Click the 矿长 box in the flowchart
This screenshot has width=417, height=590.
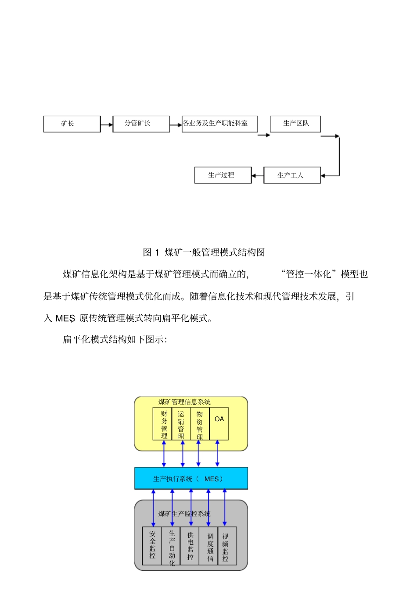coord(72,124)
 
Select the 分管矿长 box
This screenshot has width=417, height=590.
coord(141,124)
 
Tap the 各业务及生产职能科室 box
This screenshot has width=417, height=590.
coord(219,124)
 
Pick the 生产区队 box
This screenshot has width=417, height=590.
coord(295,124)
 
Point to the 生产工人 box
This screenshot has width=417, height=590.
coord(292,175)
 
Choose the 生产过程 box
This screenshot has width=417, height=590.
coord(223,175)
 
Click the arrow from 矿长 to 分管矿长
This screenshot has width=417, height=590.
coord(107,125)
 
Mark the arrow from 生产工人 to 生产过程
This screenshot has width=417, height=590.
coord(257,176)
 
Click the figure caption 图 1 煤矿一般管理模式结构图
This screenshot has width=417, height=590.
coord(204,252)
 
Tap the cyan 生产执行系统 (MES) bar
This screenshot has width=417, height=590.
coord(191,478)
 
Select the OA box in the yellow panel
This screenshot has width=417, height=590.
coord(219,423)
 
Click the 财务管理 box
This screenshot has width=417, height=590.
coord(162,424)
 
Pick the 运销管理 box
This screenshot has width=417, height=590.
coord(181,424)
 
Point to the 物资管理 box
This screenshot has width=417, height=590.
coord(200,424)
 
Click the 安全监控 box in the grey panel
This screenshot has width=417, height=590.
coord(152,546)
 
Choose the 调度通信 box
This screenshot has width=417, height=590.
coord(209,546)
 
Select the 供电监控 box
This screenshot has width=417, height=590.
coord(190,546)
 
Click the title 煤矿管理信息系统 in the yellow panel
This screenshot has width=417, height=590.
coord(184,402)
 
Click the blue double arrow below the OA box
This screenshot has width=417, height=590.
coord(217,454)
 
